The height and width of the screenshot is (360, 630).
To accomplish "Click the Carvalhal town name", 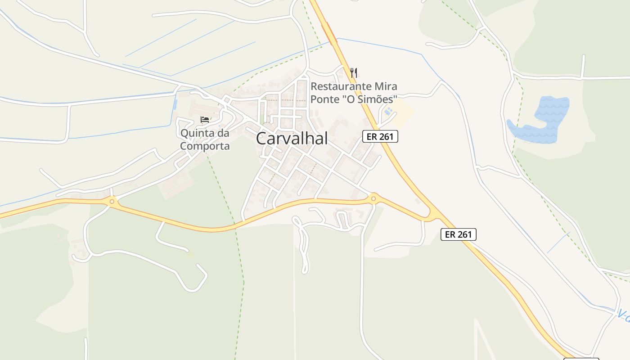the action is (x=292, y=139).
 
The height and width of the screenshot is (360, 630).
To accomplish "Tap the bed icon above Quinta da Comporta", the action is (x=205, y=120).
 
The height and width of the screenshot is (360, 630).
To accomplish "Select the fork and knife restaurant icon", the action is (x=354, y=72).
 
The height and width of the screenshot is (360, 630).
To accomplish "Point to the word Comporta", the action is (x=205, y=146).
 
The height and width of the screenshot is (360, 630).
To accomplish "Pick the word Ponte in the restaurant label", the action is (x=324, y=99).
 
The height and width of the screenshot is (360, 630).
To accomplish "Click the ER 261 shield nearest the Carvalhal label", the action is (x=380, y=136).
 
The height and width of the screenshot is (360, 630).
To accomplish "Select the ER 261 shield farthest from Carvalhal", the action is (x=458, y=234).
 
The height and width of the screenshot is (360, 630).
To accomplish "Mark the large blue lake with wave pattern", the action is (x=540, y=121).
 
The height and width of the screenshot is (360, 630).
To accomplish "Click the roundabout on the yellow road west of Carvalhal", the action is (x=112, y=201).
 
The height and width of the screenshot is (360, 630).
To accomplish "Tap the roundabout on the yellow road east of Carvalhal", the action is (x=373, y=198).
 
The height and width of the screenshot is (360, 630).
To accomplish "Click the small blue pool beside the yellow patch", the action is (x=388, y=111).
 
